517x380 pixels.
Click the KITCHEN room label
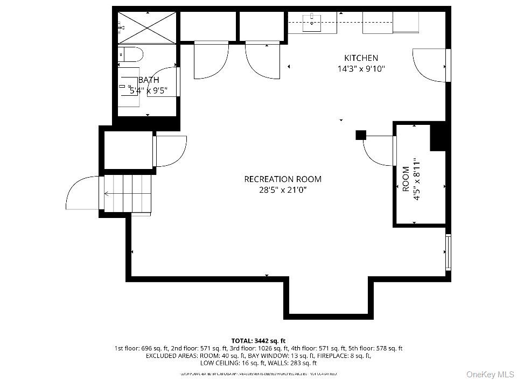coord(361,58)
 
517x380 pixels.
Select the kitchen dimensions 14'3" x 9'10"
coord(361,68)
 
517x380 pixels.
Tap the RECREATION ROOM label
coord(283,179)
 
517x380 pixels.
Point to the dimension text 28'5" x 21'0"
coord(283,189)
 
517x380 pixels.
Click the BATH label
coord(149,80)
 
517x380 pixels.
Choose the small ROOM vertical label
coord(406,179)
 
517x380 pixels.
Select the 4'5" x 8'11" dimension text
coord(416,179)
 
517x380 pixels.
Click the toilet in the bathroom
coord(131,54)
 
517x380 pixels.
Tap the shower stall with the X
coord(146,26)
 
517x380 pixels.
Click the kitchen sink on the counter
coord(312,21)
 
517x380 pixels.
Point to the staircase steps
coord(128,194)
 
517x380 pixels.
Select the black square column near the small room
coord(360,135)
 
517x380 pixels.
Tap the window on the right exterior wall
coord(448,251)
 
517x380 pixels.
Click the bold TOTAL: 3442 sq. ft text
coord(258,341)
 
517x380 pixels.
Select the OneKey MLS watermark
coord(490,374)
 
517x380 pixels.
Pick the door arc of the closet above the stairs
coord(171,151)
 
